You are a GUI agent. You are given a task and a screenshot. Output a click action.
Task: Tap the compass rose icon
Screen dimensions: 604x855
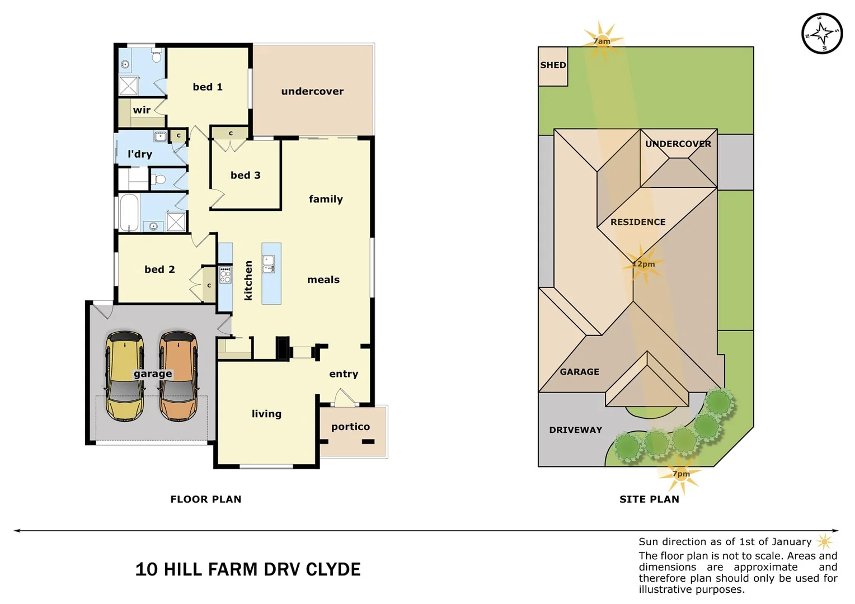pyautogui.click(x=821, y=34)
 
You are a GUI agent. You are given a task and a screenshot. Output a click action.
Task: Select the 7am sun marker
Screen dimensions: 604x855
pyautogui.click(x=602, y=41)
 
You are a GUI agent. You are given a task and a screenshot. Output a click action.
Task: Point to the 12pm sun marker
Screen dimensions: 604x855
pyautogui.click(x=643, y=264)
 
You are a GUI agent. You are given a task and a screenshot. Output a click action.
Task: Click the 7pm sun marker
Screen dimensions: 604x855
pyautogui.click(x=681, y=474)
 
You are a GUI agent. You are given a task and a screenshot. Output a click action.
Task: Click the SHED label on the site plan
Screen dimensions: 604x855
pyautogui.click(x=553, y=65)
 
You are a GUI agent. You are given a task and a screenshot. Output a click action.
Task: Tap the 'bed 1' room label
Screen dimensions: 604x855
pyautogui.click(x=208, y=87)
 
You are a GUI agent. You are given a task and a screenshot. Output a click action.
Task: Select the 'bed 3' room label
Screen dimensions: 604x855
pyautogui.click(x=245, y=175)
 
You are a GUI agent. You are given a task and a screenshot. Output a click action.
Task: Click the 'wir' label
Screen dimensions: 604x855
pyautogui.click(x=142, y=110)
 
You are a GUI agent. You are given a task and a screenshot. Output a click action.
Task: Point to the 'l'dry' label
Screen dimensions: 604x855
pyautogui.click(x=139, y=154)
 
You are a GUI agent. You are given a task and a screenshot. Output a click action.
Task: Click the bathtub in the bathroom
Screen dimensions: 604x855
pyautogui.click(x=129, y=212)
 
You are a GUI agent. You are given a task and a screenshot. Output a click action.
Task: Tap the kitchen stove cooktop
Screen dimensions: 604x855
pyautogui.click(x=225, y=275)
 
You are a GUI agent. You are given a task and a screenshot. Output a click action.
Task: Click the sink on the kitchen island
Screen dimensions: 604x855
pyautogui.click(x=269, y=264)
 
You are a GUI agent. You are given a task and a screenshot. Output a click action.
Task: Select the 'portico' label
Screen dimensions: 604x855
pyautogui.click(x=350, y=427)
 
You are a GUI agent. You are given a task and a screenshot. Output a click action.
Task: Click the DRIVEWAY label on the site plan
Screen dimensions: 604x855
pyautogui.click(x=575, y=430)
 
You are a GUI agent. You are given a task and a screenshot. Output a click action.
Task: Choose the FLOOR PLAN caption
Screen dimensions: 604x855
pyautogui.click(x=205, y=499)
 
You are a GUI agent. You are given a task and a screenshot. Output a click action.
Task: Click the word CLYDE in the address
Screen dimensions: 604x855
pyautogui.click(x=333, y=569)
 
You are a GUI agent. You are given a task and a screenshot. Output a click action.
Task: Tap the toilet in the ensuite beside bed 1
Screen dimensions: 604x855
pyautogui.click(x=157, y=56)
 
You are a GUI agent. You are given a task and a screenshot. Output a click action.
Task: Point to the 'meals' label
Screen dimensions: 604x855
pyautogui.click(x=323, y=280)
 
